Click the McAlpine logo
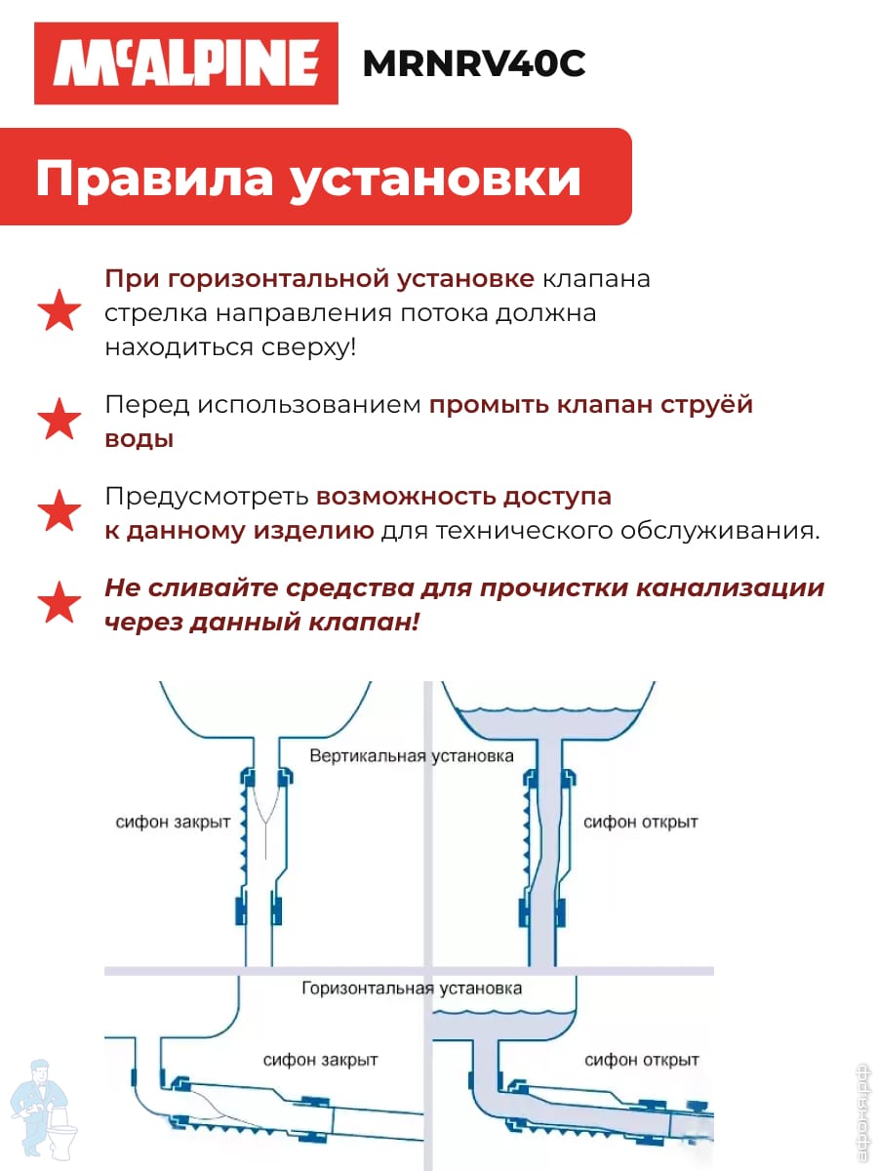tap(186, 63)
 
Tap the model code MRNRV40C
tap(474, 63)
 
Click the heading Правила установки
tap(308, 178)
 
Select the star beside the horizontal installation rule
tap(60, 310)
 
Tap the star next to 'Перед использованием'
tap(60, 419)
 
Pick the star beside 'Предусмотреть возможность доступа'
tap(60, 510)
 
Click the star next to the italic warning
tap(60, 602)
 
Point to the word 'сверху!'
tap(308, 347)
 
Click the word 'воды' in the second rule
tap(140, 439)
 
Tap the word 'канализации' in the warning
tap(731, 588)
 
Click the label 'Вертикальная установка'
tap(412, 755)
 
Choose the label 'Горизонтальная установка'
tap(412, 988)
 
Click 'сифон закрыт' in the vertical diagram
tap(173, 822)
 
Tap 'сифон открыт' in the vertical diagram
tap(640, 822)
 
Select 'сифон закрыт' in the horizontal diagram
tap(320, 1060)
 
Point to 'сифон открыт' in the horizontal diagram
tap(641, 1060)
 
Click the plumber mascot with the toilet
tap(44, 1110)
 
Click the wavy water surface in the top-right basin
tap(549, 710)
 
